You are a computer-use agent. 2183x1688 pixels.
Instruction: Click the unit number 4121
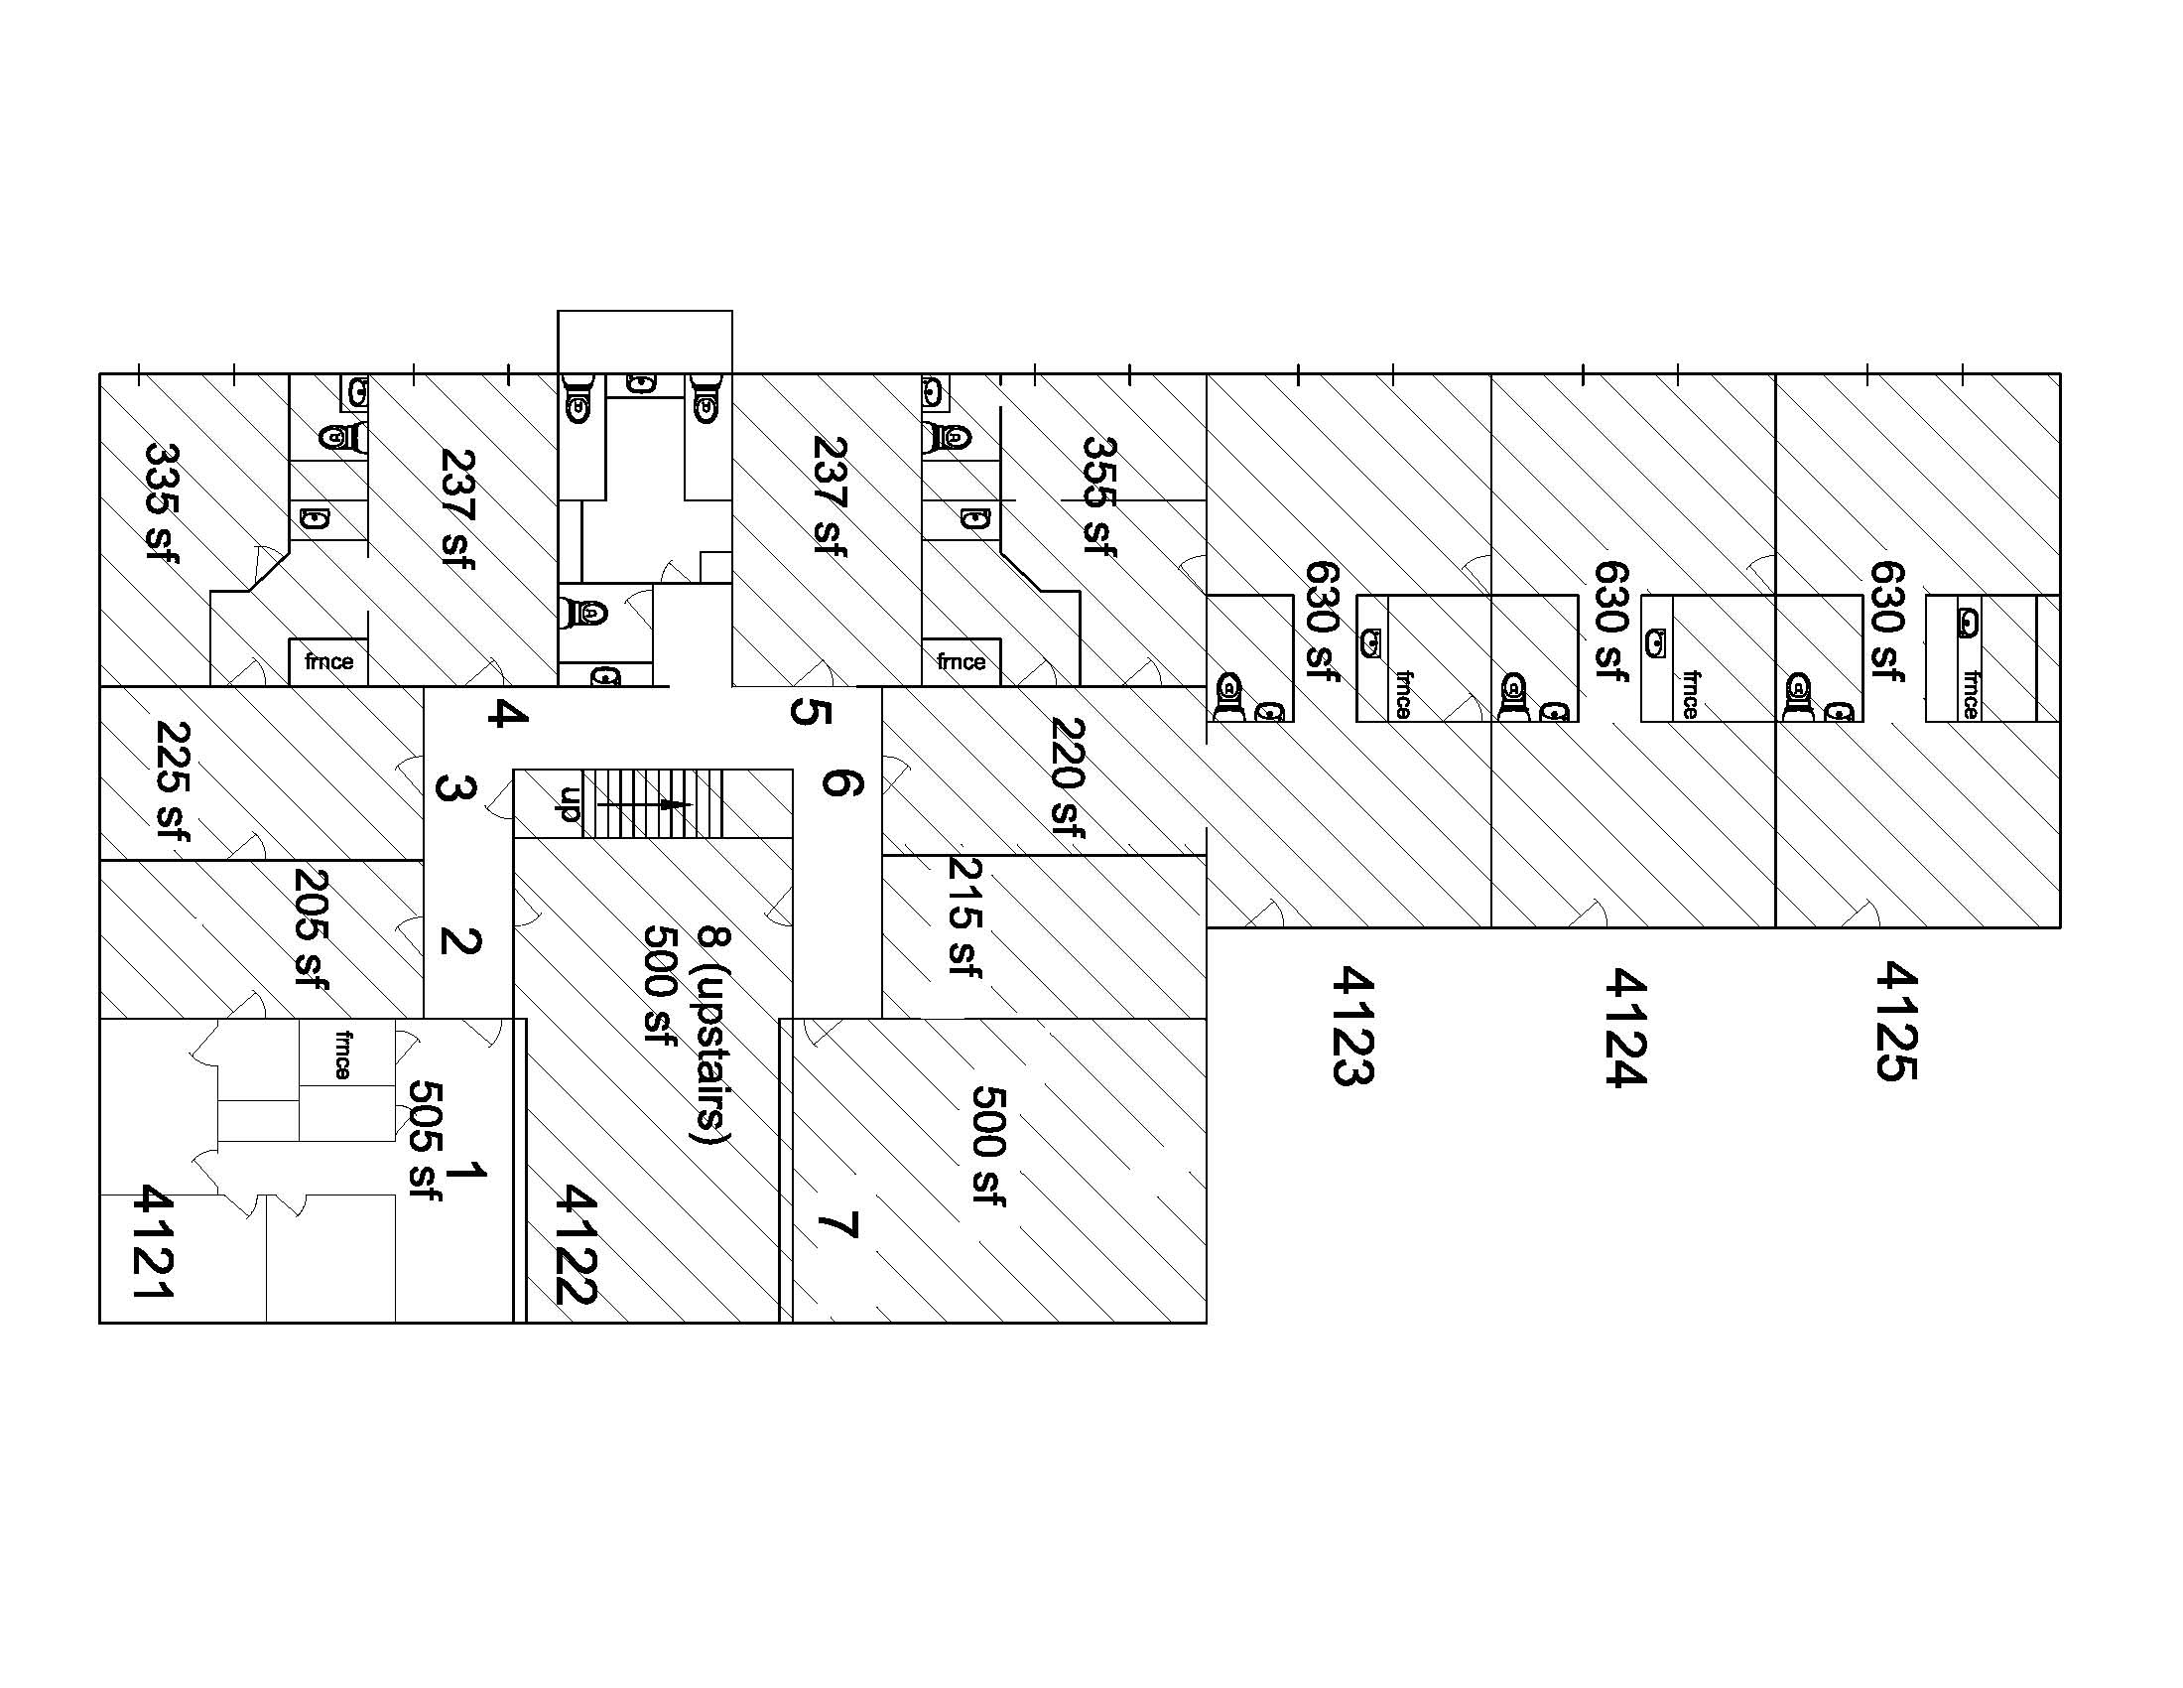[155, 1242]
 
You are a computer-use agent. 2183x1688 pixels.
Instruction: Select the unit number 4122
[577, 1245]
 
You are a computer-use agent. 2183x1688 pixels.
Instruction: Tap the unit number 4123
[1354, 1025]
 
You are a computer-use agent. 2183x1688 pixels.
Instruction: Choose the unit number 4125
[1896, 1021]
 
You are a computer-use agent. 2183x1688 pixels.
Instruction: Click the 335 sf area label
[162, 503]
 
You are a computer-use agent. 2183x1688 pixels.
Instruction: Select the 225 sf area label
[172, 782]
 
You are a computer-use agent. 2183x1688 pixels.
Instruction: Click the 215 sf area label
[963, 918]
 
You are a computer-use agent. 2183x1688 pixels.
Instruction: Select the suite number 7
[837, 1224]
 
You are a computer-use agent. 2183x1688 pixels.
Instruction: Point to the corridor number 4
[508, 713]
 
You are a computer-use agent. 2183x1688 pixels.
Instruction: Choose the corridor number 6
[841, 781]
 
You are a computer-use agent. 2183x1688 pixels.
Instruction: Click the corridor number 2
[460, 941]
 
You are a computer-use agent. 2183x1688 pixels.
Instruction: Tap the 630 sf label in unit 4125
[1888, 621]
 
